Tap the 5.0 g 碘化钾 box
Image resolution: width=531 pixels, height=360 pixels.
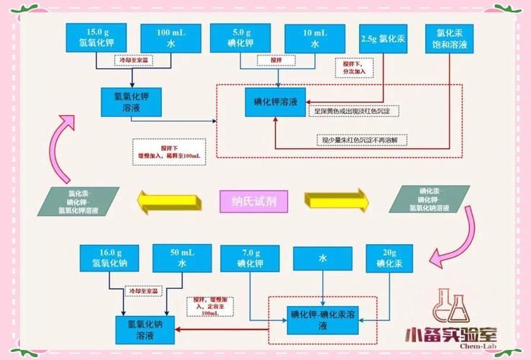click(x=241, y=37)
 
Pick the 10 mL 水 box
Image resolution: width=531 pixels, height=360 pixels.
click(x=314, y=37)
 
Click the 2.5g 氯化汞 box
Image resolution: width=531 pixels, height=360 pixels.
click(x=383, y=37)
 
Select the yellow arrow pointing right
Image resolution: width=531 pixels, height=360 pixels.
click(x=332, y=202)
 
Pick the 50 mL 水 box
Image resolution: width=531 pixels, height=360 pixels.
click(x=183, y=258)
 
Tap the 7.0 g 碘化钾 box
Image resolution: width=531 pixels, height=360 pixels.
click(x=250, y=258)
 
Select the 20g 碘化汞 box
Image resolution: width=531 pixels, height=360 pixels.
click(x=390, y=258)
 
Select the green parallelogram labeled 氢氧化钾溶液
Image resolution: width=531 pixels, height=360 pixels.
click(x=76, y=202)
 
